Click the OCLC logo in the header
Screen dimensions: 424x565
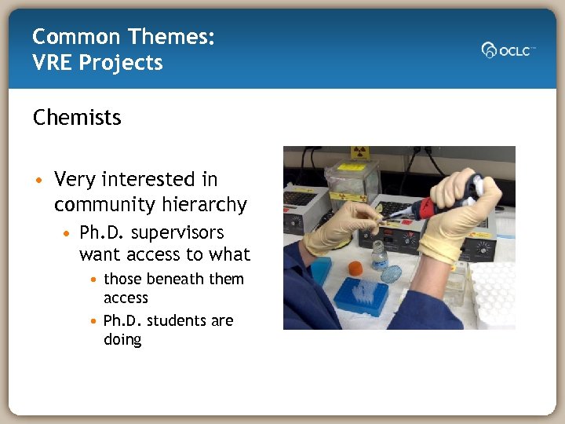coord(508,49)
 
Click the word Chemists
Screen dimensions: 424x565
coord(77,118)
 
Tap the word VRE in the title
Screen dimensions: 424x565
coord(53,63)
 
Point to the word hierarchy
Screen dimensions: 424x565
coord(206,205)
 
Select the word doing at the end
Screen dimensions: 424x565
coord(122,340)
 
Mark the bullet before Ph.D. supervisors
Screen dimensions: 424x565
coord(68,234)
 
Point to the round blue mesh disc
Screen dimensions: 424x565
coord(390,274)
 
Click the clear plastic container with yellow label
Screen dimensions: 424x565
coord(352,181)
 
